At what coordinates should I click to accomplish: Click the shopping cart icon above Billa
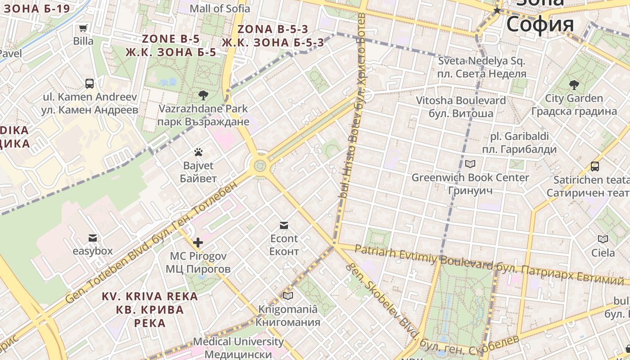(83, 28)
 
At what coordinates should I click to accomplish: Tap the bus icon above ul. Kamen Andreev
(90, 83)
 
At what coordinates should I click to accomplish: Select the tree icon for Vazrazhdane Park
(203, 95)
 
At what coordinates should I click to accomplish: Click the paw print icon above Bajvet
(198, 152)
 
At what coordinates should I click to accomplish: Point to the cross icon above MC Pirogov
(198, 243)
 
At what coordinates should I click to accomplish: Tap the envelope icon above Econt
(284, 225)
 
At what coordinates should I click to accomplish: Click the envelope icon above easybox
(93, 238)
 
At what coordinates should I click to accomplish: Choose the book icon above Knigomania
(288, 296)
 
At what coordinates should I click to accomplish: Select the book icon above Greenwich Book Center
(470, 164)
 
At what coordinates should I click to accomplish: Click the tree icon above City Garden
(574, 85)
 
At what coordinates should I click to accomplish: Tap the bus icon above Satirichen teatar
(595, 166)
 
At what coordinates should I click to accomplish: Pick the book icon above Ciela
(603, 239)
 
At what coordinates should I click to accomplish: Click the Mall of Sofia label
(220, 8)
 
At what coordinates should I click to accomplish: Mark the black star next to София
(497, 10)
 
